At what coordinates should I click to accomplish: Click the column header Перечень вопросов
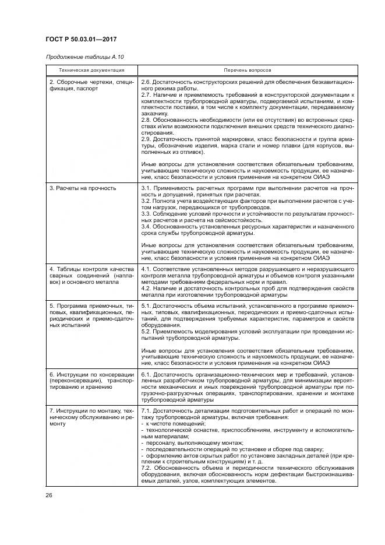(247, 69)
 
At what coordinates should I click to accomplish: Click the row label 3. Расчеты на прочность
(82, 188)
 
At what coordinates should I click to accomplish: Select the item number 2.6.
(147, 82)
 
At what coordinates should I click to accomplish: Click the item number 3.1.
(147, 188)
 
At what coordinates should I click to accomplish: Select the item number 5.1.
(147, 305)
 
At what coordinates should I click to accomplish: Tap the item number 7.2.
(147, 469)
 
